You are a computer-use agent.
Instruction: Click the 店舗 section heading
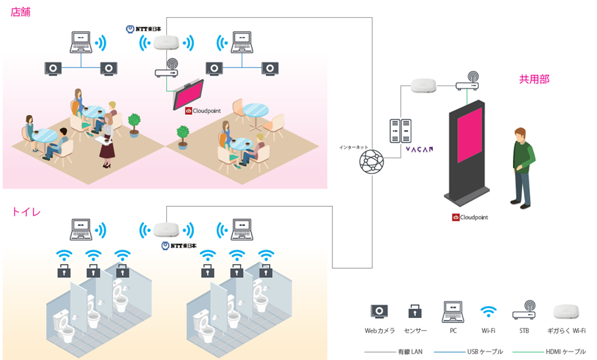point(20,12)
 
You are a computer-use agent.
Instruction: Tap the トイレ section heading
point(26,212)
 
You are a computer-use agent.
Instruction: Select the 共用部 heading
point(534,79)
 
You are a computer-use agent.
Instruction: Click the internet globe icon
point(372,162)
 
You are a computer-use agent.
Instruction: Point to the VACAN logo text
point(419,149)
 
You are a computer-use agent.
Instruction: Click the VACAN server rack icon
point(400,131)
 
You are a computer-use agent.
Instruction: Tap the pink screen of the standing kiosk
point(470,135)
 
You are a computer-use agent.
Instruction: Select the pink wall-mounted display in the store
point(189,95)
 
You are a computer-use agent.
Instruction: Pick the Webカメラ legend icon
point(379,311)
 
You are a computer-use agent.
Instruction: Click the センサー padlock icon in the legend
point(414,311)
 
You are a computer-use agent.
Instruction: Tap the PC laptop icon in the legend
point(453,311)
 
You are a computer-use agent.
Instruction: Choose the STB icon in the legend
point(524,310)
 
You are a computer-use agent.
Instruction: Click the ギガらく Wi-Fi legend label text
point(566,330)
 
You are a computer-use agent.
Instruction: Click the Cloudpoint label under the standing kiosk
point(470,217)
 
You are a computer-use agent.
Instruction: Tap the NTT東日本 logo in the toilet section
point(179,246)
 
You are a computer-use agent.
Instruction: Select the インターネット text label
point(354,147)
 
